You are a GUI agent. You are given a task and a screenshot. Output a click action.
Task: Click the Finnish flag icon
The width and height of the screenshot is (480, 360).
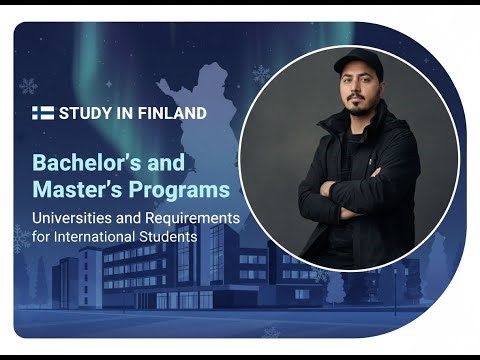[43, 113]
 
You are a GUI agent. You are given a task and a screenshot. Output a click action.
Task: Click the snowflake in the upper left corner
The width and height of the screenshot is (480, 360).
[28, 86]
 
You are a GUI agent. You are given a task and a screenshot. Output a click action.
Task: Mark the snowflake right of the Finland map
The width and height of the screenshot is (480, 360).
[260, 74]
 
